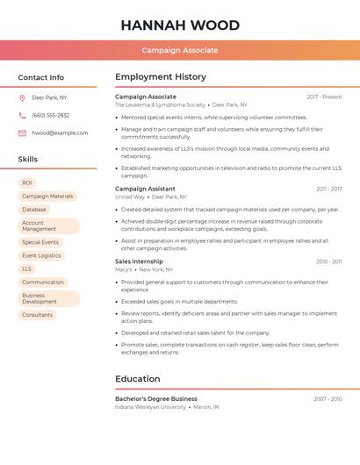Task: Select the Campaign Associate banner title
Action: [180, 50]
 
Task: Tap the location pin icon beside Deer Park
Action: [22, 97]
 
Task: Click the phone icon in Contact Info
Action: [22, 115]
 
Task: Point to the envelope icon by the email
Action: [22, 133]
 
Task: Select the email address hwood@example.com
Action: [60, 133]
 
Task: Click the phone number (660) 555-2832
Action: [50, 115]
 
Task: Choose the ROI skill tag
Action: [27, 182]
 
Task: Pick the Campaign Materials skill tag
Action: [47, 197]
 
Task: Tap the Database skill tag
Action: [34, 210]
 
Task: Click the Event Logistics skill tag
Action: [41, 255]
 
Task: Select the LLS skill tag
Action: [27, 268]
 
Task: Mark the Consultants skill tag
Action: [38, 314]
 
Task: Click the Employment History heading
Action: [161, 77]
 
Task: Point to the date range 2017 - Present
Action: [324, 97]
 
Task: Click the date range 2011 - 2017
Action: [329, 189]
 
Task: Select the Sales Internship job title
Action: [139, 261]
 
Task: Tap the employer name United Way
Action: [129, 197]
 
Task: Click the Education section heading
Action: [138, 379]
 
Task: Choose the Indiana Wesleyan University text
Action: [150, 407]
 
